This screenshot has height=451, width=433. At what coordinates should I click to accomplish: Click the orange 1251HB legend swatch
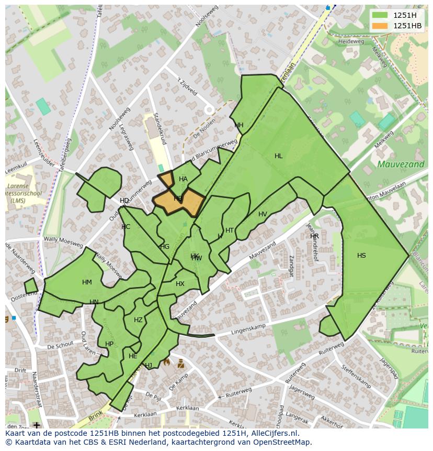[380, 26]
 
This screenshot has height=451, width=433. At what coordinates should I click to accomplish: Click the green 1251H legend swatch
[380, 15]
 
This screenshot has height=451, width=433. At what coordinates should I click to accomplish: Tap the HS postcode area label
[361, 256]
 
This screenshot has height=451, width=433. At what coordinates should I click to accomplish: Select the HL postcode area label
[278, 156]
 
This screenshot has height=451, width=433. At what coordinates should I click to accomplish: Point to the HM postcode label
[87, 282]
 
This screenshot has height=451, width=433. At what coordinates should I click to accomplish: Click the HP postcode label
[109, 344]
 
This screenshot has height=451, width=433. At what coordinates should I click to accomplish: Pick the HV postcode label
[263, 214]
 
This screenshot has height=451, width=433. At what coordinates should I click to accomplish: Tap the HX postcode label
[180, 284]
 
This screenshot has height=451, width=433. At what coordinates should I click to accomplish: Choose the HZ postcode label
[138, 320]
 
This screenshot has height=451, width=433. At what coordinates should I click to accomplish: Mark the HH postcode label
[239, 125]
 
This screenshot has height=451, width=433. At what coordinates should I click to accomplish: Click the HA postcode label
[183, 179]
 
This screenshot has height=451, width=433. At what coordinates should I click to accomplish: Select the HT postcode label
[230, 230]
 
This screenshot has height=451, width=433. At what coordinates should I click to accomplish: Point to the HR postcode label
[314, 236]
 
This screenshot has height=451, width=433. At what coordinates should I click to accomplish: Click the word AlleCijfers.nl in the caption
[273, 433]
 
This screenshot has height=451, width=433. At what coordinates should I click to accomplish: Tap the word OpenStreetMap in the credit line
[282, 442]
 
